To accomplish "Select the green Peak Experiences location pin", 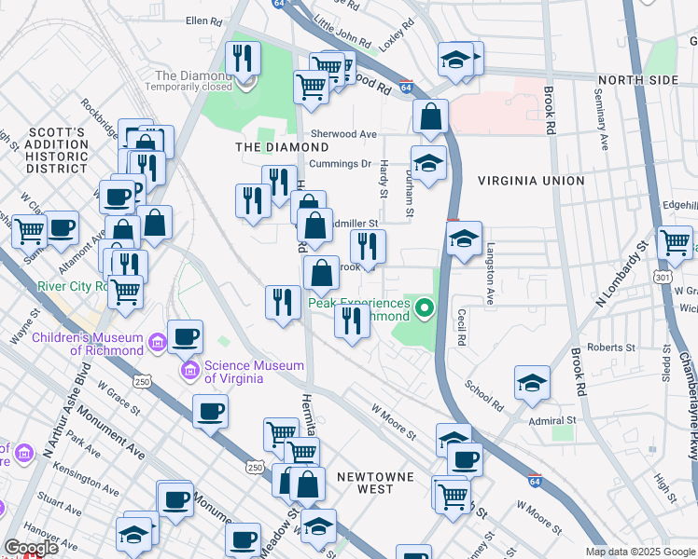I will (426, 307).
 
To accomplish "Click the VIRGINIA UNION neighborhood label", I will (530, 181).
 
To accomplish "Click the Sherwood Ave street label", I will (343, 134).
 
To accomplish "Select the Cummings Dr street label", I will (341, 164).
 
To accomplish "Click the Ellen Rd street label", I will (204, 20).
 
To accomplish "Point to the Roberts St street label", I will (611, 348).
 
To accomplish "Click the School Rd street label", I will (483, 395).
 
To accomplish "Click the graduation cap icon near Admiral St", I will (532, 383).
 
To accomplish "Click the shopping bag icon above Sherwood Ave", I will (431, 117).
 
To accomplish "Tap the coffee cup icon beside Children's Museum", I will (185, 336).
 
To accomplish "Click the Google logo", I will (31, 548).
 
